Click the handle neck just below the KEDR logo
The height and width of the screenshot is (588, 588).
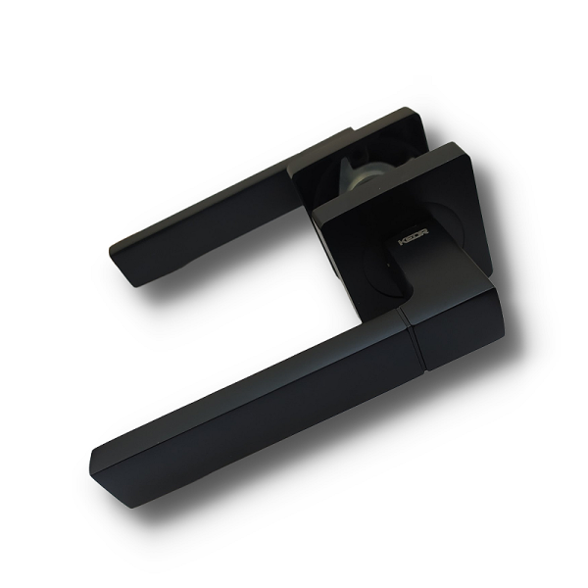(412, 269)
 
